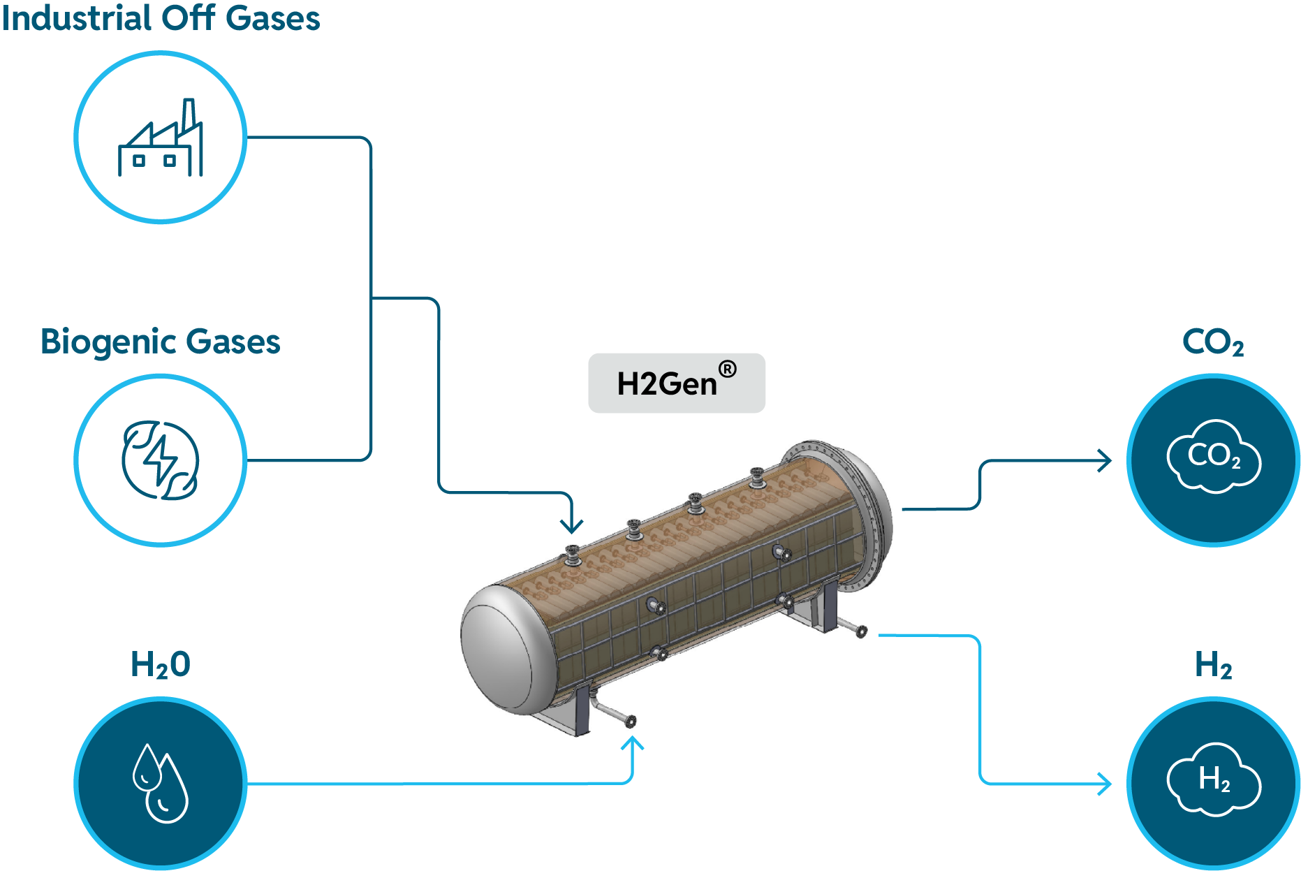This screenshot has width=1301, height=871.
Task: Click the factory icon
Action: [x=161, y=139]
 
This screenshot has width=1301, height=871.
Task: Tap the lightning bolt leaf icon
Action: [x=161, y=460]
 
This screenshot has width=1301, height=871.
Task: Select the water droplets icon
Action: [x=161, y=783]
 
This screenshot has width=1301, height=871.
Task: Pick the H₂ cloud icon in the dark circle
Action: [x=1214, y=779]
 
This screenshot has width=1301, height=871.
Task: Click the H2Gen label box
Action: [x=676, y=383]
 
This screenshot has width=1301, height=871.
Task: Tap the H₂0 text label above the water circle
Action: [x=161, y=664]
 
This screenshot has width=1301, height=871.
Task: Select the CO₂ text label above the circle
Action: [x=1213, y=342]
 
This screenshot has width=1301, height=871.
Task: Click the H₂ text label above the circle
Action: [x=1213, y=664]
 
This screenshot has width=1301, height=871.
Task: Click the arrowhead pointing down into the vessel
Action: [x=572, y=525]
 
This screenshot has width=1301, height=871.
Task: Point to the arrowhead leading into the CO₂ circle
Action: [x=1105, y=461]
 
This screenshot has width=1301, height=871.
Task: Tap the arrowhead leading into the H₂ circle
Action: [x=1105, y=784]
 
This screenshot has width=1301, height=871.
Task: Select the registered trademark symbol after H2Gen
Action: [x=727, y=369]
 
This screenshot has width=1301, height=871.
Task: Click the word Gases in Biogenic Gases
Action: [x=233, y=342]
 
